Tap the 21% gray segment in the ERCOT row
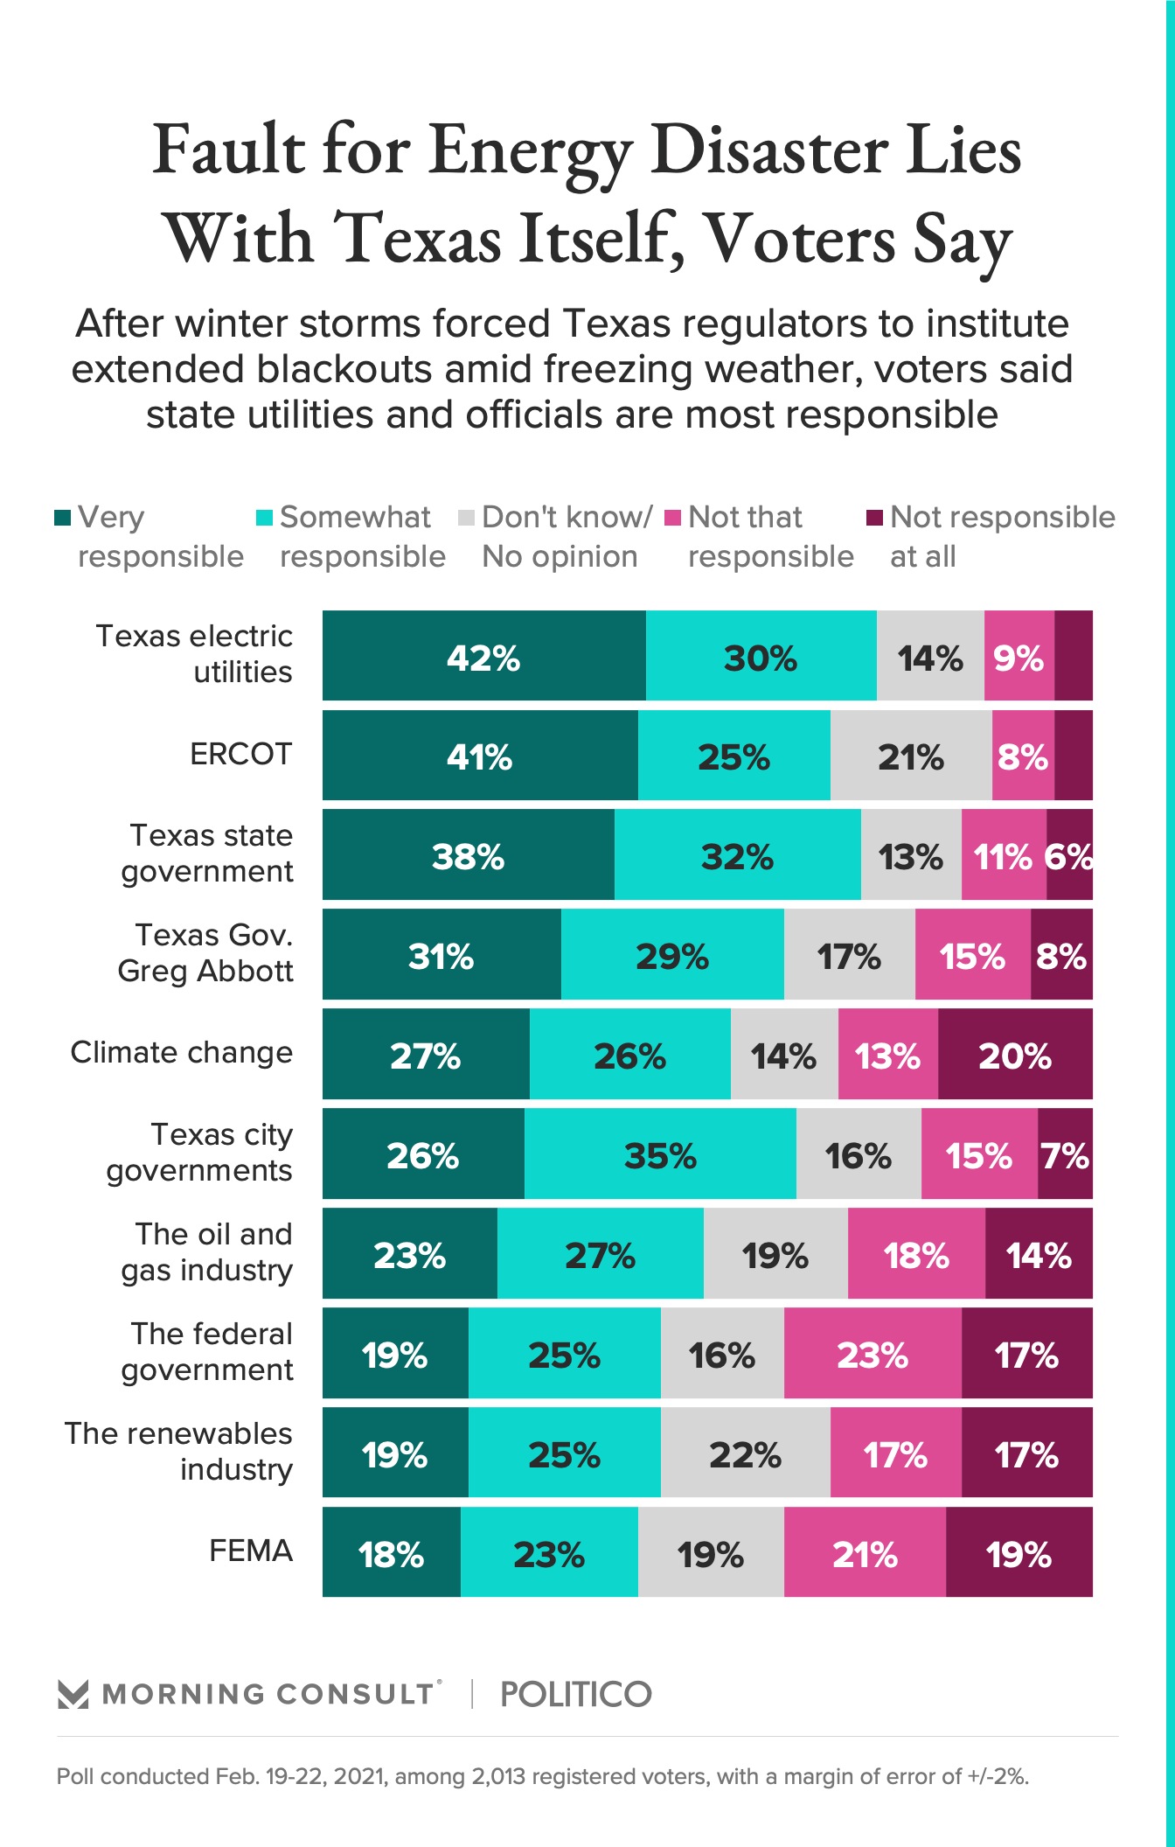[911, 756]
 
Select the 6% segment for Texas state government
[1069, 855]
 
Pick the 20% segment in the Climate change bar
[1015, 1055]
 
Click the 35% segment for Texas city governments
[660, 1154]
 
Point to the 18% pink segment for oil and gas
[916, 1254]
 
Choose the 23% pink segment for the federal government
[873, 1354]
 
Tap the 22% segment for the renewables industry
[745, 1453]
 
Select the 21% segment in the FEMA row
[865, 1553]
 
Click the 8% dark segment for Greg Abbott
[1061, 955]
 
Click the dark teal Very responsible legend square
[62, 518]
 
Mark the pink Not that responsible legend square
[672, 518]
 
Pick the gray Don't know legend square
[466, 518]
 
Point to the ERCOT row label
[240, 754]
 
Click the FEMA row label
[250, 1551]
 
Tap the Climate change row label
[181, 1053]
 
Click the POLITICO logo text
[576, 1695]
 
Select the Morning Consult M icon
[73, 1695]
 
